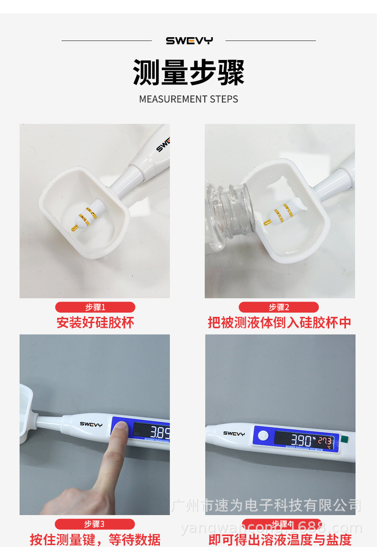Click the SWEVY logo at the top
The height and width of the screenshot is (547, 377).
(x=189, y=41)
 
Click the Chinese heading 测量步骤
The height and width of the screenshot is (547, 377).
(x=188, y=72)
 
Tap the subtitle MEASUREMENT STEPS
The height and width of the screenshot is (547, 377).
(x=188, y=99)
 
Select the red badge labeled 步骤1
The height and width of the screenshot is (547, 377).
(x=95, y=307)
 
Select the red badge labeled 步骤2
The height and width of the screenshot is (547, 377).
(x=279, y=307)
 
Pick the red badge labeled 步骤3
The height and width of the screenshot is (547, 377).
(x=94, y=524)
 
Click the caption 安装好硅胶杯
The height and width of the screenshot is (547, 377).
(x=95, y=323)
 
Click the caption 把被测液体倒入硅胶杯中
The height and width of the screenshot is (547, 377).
(x=279, y=323)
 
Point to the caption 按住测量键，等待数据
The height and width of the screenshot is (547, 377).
(x=95, y=539)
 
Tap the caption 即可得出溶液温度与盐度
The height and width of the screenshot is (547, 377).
(x=280, y=539)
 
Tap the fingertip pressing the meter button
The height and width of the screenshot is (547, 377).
(x=120, y=429)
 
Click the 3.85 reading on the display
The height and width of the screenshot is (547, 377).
(x=159, y=433)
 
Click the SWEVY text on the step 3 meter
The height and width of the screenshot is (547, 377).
(x=91, y=424)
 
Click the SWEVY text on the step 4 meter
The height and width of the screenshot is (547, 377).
(x=234, y=434)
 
